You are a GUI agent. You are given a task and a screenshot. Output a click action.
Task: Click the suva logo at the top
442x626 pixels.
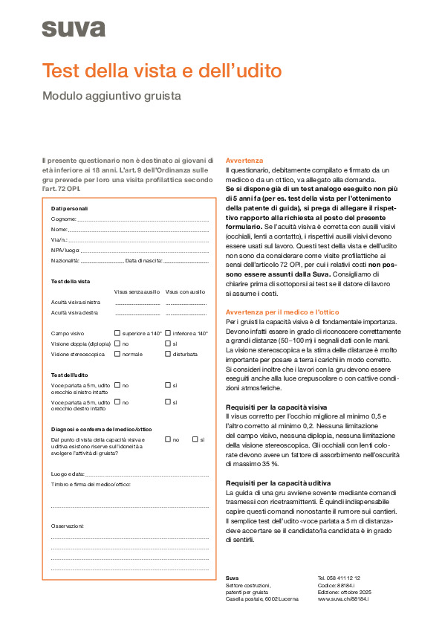pos(73,29)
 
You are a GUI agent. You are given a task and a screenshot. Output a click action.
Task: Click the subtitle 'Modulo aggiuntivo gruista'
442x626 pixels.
pos(111,96)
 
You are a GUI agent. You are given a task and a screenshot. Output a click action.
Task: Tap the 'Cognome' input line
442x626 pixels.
pos(141,219)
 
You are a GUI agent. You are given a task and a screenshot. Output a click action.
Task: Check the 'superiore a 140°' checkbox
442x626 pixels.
pos(117,334)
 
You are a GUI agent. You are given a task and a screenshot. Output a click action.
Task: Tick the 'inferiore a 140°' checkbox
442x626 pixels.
pos(168,334)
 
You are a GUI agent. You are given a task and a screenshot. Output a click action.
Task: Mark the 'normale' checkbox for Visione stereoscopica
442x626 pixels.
pos(117,355)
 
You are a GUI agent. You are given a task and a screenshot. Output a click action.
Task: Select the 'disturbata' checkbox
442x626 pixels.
pos(168,355)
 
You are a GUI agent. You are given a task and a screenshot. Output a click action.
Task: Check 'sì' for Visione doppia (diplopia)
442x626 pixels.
pos(168,344)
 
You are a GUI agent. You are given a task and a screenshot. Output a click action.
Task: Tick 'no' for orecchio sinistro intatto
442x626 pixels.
pos(117,385)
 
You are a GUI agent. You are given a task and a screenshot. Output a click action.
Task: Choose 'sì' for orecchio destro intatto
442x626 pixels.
pos(168,402)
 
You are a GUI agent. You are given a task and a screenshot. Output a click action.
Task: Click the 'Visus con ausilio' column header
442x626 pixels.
pos(185,292)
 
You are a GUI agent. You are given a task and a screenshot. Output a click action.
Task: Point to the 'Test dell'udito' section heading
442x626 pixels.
pos(70,374)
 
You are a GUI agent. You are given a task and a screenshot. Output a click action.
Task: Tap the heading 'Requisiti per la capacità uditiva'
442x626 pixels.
pos(278,483)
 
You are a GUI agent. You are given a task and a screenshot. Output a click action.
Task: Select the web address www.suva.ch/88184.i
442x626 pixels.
pos(344,598)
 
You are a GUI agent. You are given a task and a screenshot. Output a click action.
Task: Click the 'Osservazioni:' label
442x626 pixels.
pos(67,526)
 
